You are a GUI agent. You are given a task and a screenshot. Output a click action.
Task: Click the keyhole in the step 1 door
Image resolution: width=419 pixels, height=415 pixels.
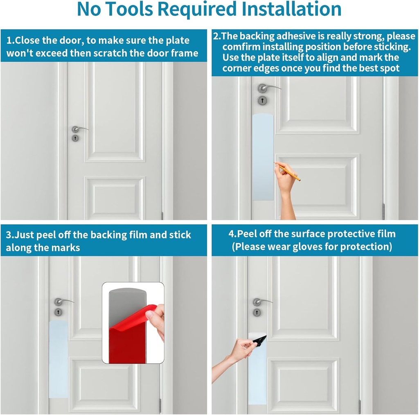point(75,138)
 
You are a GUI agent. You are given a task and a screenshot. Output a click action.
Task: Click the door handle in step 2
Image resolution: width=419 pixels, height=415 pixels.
point(266,88)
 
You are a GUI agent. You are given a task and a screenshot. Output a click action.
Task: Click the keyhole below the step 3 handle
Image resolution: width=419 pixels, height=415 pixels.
point(59,312)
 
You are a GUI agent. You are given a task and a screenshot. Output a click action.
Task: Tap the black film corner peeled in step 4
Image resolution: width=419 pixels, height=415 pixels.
point(259,339)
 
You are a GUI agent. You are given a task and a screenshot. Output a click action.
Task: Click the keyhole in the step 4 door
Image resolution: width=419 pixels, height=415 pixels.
point(257,312)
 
